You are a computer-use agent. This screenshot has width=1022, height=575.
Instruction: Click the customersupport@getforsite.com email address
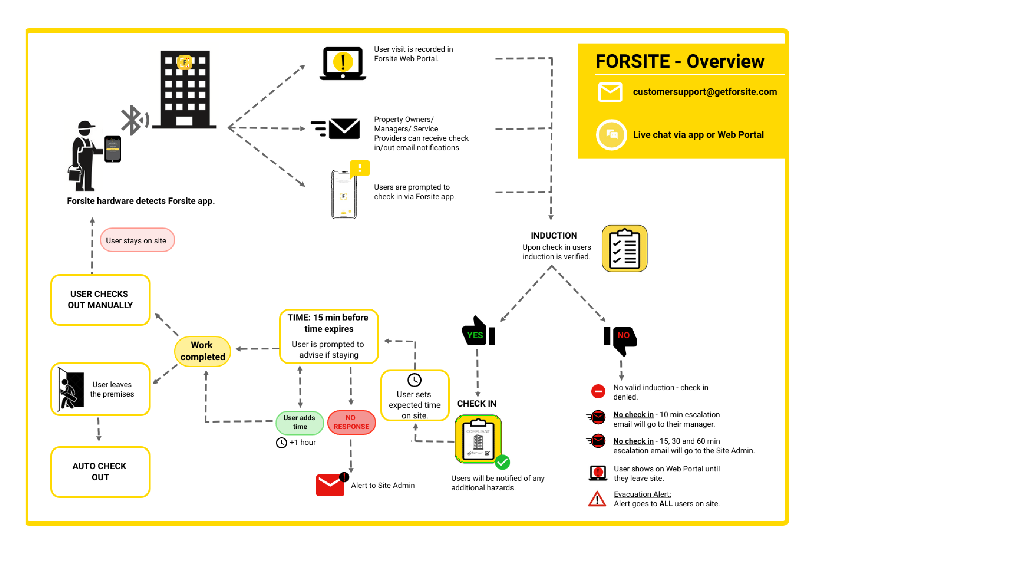[x=705, y=92]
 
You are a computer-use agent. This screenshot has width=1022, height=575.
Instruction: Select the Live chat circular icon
[x=611, y=135]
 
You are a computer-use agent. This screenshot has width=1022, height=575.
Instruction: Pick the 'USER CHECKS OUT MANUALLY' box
[x=100, y=300]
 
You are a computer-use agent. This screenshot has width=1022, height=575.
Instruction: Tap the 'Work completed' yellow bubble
[x=202, y=351]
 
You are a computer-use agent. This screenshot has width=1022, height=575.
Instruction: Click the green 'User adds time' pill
[x=300, y=422]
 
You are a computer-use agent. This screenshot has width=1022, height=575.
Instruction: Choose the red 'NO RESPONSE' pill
[x=351, y=422]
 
